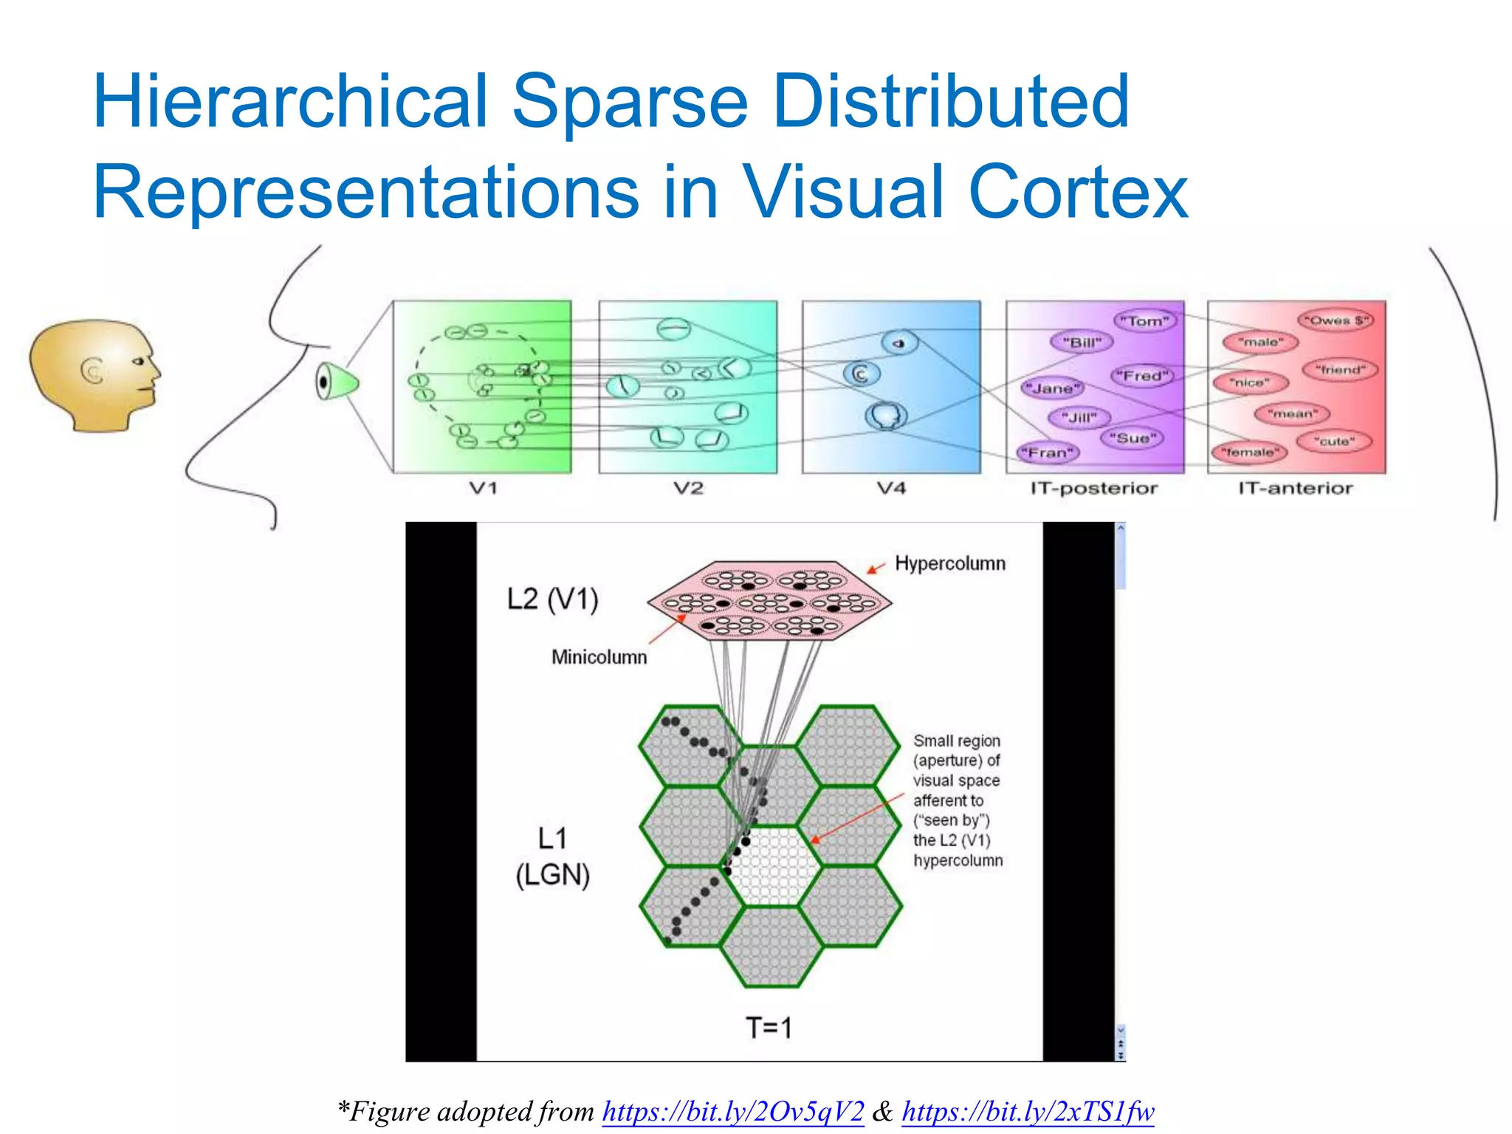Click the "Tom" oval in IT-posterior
[1144, 321]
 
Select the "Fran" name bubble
[1048, 453]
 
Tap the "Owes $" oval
[1336, 320]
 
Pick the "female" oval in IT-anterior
[1248, 452]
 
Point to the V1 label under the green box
[484, 488]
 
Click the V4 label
[891, 488]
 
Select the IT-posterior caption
[1094, 488]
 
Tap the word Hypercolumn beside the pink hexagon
[950, 563]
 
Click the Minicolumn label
[599, 657]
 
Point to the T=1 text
[769, 1028]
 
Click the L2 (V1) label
[552, 599]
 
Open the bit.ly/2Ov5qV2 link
[733, 1111]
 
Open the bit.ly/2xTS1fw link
[1028, 1111]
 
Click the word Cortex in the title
[1078, 192]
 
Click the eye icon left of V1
[336, 382]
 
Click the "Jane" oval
[1052, 388]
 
